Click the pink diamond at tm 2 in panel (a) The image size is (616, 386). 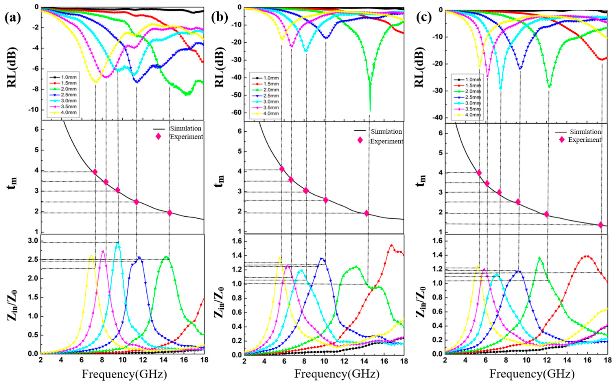pyautogui.click(x=170, y=213)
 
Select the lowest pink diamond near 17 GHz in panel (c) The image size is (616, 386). pyautogui.click(x=601, y=225)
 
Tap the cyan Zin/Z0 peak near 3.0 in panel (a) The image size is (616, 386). pyautogui.click(x=118, y=243)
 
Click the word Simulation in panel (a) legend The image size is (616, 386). pyautogui.click(x=186, y=128)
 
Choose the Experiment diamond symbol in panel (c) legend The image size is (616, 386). pyautogui.click(x=562, y=140)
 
